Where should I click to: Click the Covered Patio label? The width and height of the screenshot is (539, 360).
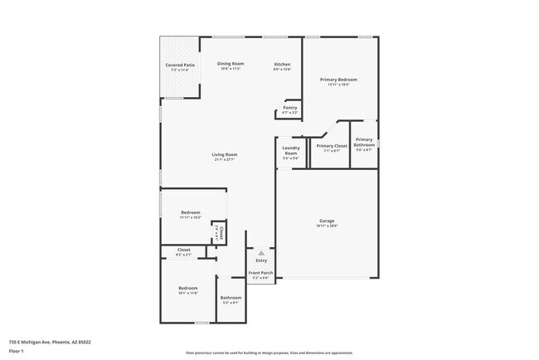click(x=180, y=65)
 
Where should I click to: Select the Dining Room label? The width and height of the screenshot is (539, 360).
click(x=231, y=64)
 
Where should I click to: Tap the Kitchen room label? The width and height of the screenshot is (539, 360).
click(x=283, y=64)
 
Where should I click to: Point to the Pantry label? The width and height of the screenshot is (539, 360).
click(x=290, y=107)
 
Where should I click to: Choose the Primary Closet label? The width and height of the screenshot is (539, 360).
click(x=332, y=146)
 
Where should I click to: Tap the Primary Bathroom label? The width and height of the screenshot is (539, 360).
click(x=364, y=143)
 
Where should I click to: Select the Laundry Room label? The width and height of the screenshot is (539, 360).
click(x=291, y=152)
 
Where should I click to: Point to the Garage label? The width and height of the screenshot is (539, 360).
click(x=327, y=221)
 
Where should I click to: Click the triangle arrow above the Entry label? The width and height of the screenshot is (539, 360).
click(x=261, y=252)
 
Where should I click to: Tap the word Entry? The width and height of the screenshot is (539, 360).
click(x=261, y=260)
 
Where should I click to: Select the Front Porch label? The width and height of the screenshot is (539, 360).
click(x=260, y=273)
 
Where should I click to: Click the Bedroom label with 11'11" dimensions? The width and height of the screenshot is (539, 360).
click(x=191, y=213)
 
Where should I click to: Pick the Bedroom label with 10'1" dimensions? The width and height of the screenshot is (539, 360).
click(x=188, y=288)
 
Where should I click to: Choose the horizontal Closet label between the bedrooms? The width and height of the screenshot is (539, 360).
click(x=184, y=250)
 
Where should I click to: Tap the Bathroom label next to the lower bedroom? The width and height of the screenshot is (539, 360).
click(x=231, y=298)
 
